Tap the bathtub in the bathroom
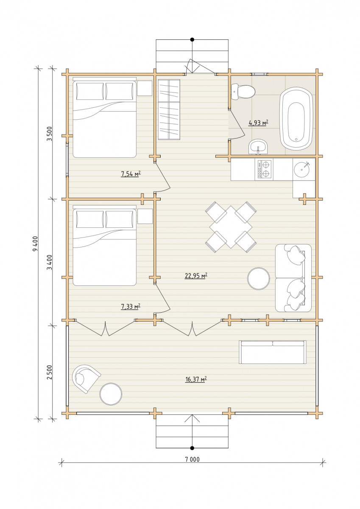coord(296,119)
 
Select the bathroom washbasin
coord(259,147)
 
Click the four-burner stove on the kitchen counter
coord(264,170)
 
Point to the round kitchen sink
coord(302,169)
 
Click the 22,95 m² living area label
coord(196,276)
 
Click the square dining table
coord(231,227)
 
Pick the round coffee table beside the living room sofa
coord(259,278)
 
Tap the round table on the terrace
coord(111,394)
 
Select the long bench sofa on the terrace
coord(273,352)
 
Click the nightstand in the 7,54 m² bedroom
coord(145,88)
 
